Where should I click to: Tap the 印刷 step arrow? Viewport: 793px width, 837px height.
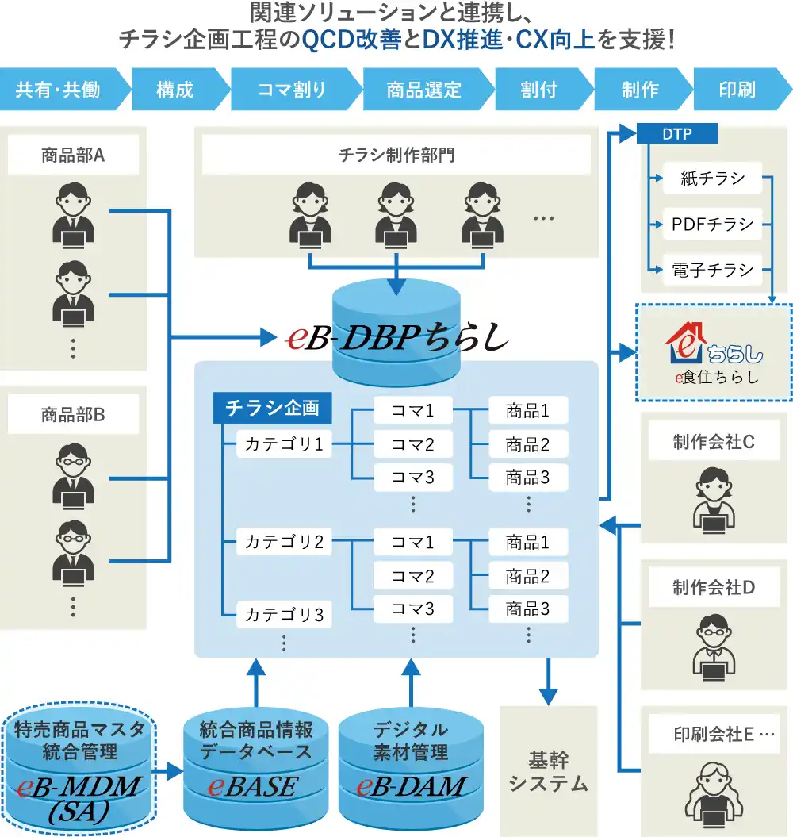741,89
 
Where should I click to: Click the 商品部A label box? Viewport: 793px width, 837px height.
73,155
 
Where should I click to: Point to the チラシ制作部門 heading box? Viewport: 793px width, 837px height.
396,155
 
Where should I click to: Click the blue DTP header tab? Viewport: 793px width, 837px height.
676,133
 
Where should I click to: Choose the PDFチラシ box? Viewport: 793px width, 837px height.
712,225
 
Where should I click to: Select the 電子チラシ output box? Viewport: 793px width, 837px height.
712,270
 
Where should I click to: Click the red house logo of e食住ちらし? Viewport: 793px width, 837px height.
686,343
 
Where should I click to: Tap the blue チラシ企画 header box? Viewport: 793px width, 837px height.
272,409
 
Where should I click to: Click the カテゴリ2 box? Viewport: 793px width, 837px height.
284,542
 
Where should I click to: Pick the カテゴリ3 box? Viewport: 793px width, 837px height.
284,614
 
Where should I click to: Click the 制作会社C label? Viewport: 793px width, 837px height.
714,441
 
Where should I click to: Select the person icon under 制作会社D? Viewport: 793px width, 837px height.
714,647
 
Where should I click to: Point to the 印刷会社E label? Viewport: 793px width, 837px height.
714,734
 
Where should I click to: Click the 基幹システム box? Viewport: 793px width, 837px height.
548,771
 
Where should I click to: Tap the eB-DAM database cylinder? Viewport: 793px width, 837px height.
411,768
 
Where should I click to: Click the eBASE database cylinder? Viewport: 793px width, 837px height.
256,768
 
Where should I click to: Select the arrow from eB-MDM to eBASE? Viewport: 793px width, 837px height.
167,771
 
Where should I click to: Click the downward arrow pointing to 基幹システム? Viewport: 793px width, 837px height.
548,682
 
